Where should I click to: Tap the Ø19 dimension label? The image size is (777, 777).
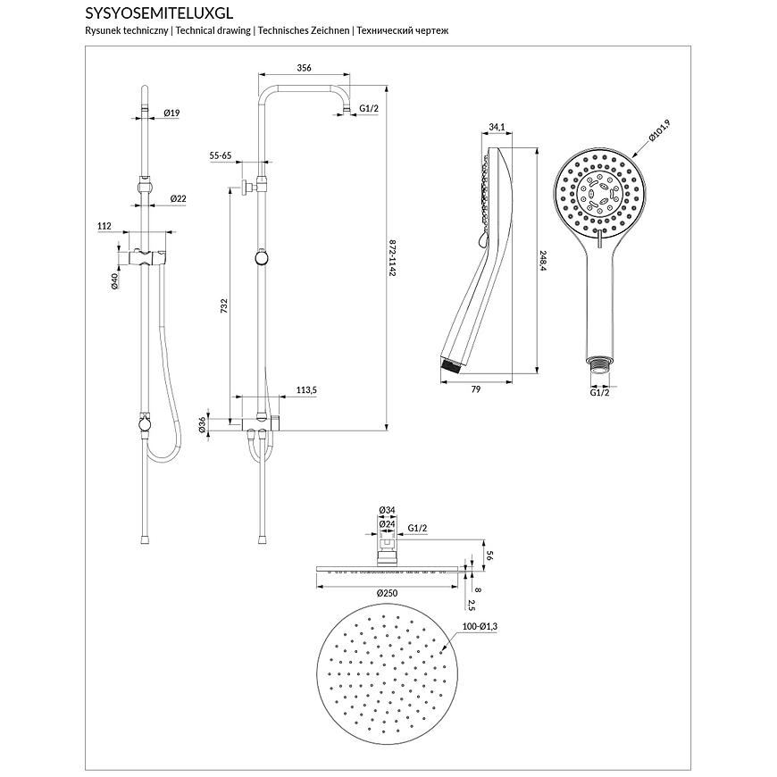(171, 113)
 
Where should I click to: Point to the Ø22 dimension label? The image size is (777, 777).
(177, 198)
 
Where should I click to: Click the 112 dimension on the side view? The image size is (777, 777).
(104, 227)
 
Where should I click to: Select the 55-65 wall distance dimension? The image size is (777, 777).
(221, 155)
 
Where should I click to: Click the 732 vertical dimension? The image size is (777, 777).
(224, 305)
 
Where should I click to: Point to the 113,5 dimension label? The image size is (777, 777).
(307, 390)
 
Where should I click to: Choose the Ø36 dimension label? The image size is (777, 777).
(203, 425)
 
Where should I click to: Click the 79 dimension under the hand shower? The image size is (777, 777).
(476, 388)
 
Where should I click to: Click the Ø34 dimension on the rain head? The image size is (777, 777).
(387, 510)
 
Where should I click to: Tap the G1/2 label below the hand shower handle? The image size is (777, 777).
(599, 392)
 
